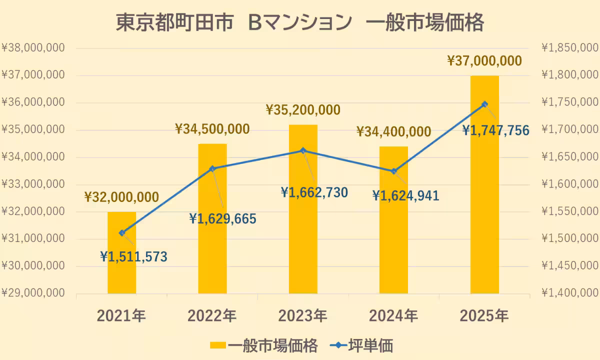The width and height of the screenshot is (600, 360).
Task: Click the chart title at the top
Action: point(300,22)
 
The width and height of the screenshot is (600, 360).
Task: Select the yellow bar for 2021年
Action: point(122,265)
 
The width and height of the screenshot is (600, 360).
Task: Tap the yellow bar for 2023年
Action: point(303,225)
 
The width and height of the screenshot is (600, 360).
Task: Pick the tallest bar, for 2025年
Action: point(484,200)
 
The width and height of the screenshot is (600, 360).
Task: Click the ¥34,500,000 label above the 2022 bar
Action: point(212,129)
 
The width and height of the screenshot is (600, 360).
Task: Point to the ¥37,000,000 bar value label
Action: point(484,61)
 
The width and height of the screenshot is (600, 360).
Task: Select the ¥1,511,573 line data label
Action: point(134,257)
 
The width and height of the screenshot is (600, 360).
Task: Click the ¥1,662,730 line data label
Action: point(314,192)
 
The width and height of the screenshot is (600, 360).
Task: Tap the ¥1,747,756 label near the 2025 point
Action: point(495,131)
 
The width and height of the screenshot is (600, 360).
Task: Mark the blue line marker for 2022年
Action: point(212,168)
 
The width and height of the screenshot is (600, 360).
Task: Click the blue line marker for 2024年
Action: point(393,171)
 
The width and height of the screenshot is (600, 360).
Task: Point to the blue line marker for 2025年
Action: point(484,104)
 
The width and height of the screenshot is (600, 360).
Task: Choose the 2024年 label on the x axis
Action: point(393,316)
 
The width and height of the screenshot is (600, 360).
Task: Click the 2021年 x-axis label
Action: point(122,316)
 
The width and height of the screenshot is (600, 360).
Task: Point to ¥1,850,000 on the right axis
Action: point(570,48)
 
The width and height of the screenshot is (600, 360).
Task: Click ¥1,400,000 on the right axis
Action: point(570,293)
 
